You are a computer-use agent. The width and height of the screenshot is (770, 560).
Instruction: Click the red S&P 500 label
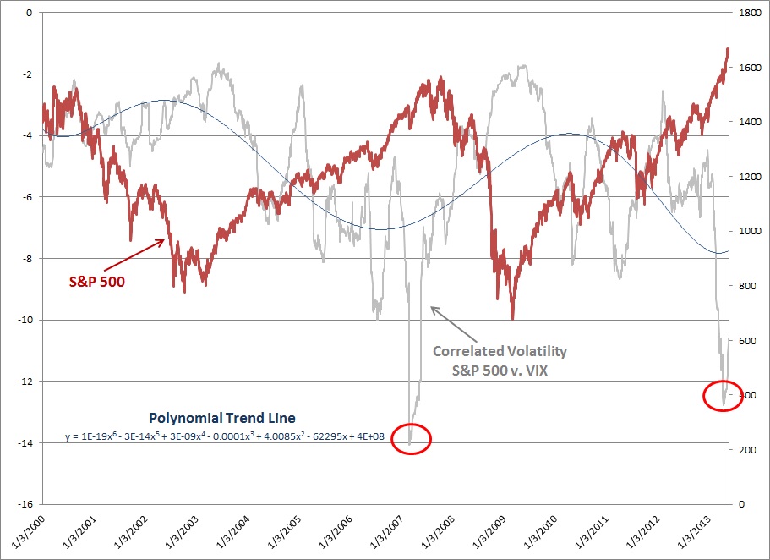click(x=96, y=282)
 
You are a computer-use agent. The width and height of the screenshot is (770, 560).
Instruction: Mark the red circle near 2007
click(x=411, y=438)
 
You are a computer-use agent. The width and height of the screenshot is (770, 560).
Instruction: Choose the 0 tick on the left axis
click(x=29, y=13)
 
